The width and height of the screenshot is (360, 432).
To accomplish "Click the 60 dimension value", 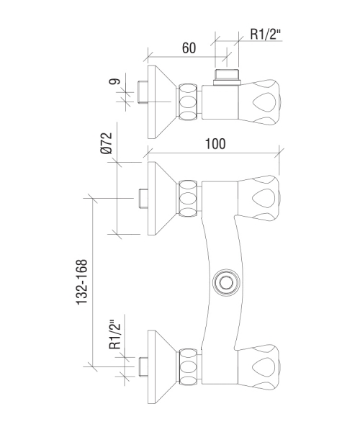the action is coord(189,48).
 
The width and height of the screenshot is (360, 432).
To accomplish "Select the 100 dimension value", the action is coord(215,144).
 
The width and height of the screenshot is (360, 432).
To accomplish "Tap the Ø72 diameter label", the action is coord(107,143).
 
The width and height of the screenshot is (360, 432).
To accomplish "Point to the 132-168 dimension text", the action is coord(82,282).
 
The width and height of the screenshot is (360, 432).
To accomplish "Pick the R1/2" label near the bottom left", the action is coord(115,335).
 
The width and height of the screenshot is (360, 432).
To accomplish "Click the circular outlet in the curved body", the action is coord(227,282).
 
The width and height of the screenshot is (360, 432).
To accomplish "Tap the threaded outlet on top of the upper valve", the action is coord(227,78).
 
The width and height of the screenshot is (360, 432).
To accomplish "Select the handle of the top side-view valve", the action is coord(259,102).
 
